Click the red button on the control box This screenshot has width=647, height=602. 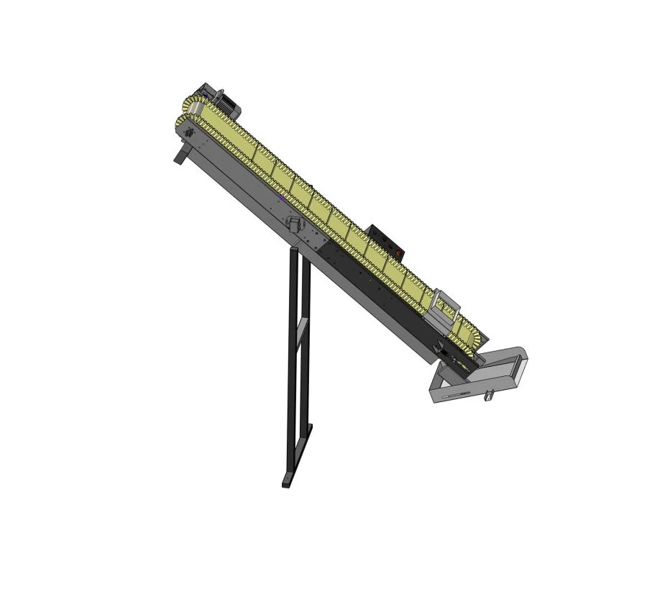(398, 252)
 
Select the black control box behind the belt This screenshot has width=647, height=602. (385, 240)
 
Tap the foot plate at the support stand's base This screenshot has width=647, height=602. (286, 480)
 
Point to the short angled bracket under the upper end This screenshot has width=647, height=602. (180, 155)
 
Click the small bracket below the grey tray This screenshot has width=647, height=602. (490, 395)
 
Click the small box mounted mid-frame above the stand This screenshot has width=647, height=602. (293, 222)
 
